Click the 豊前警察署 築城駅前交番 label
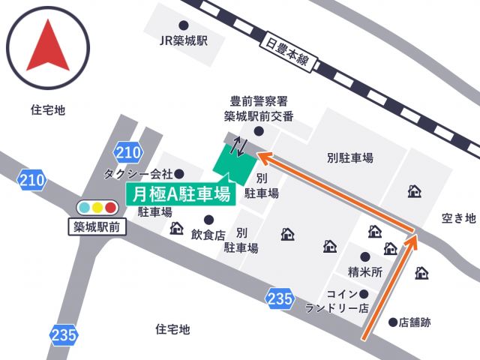258,109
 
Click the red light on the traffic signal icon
111,207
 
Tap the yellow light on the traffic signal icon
97,207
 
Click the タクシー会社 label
139,174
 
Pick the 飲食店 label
208,235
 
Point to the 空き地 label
458,218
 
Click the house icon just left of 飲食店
176,228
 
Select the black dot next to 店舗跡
393,322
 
